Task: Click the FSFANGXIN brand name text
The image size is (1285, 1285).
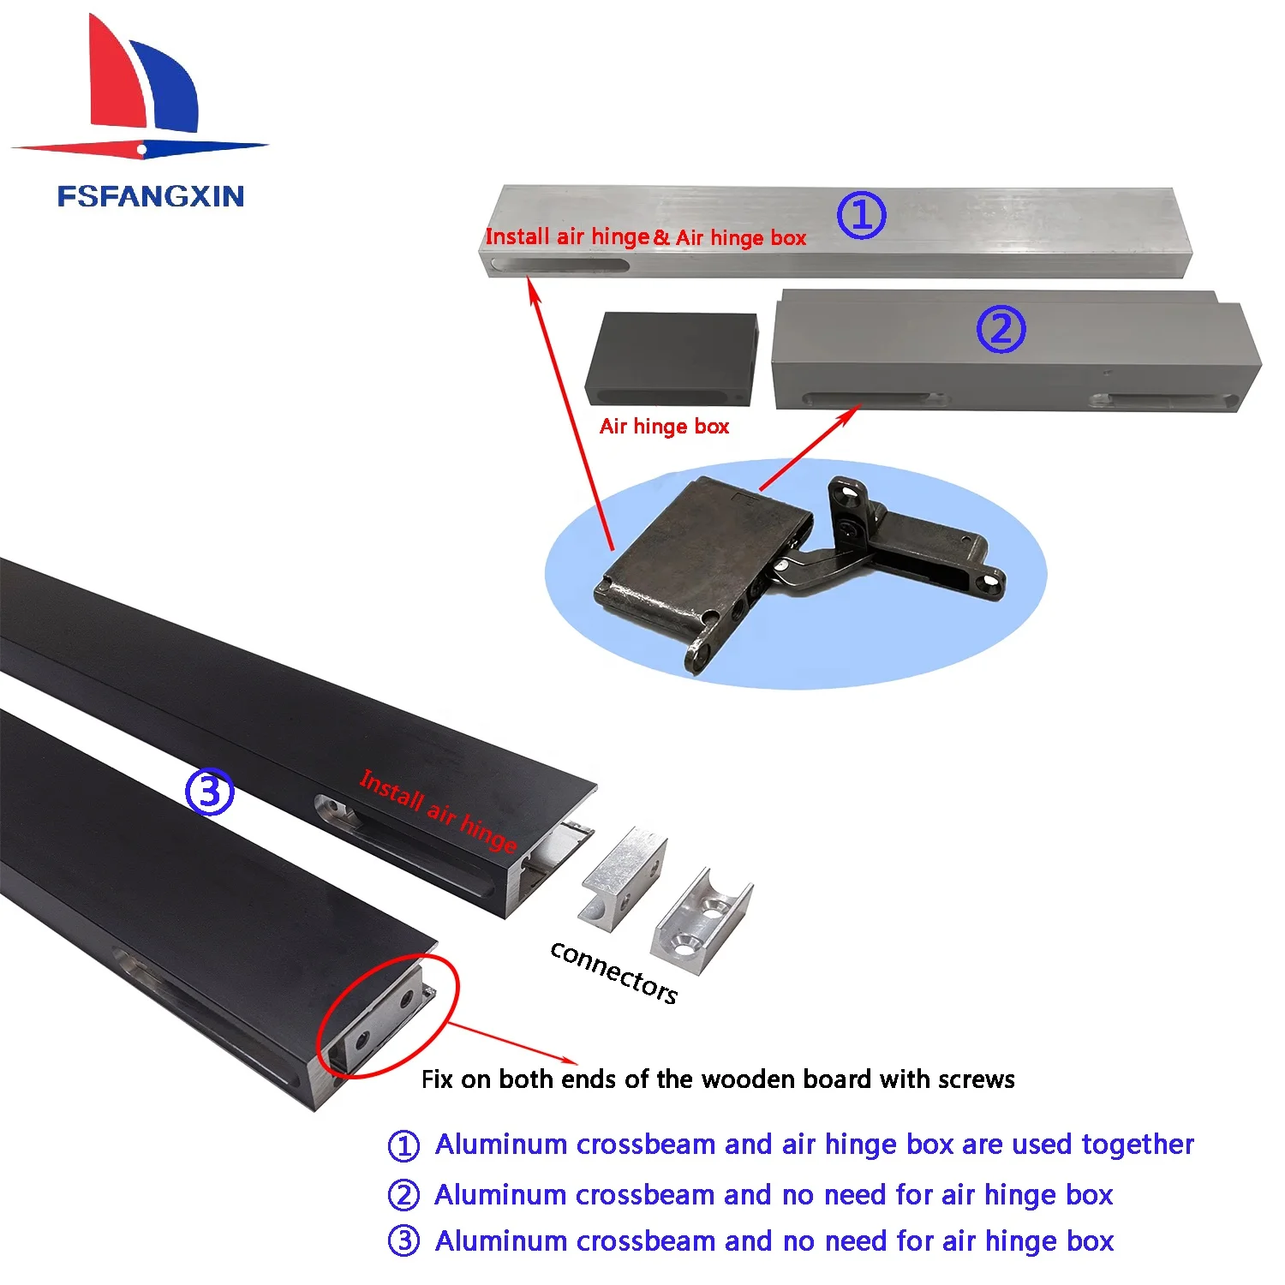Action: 151,196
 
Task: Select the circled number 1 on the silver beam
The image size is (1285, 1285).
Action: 860,215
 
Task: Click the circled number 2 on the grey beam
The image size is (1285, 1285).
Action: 1001,329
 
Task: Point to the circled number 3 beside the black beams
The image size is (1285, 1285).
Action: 209,792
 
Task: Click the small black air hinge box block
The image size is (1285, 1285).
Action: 672,358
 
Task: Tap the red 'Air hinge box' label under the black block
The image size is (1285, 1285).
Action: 664,427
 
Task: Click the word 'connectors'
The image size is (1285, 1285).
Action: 613,971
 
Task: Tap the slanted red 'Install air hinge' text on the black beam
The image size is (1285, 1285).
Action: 438,810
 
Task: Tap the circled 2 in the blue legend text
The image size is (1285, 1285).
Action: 403,1195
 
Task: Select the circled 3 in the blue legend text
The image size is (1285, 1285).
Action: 403,1241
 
